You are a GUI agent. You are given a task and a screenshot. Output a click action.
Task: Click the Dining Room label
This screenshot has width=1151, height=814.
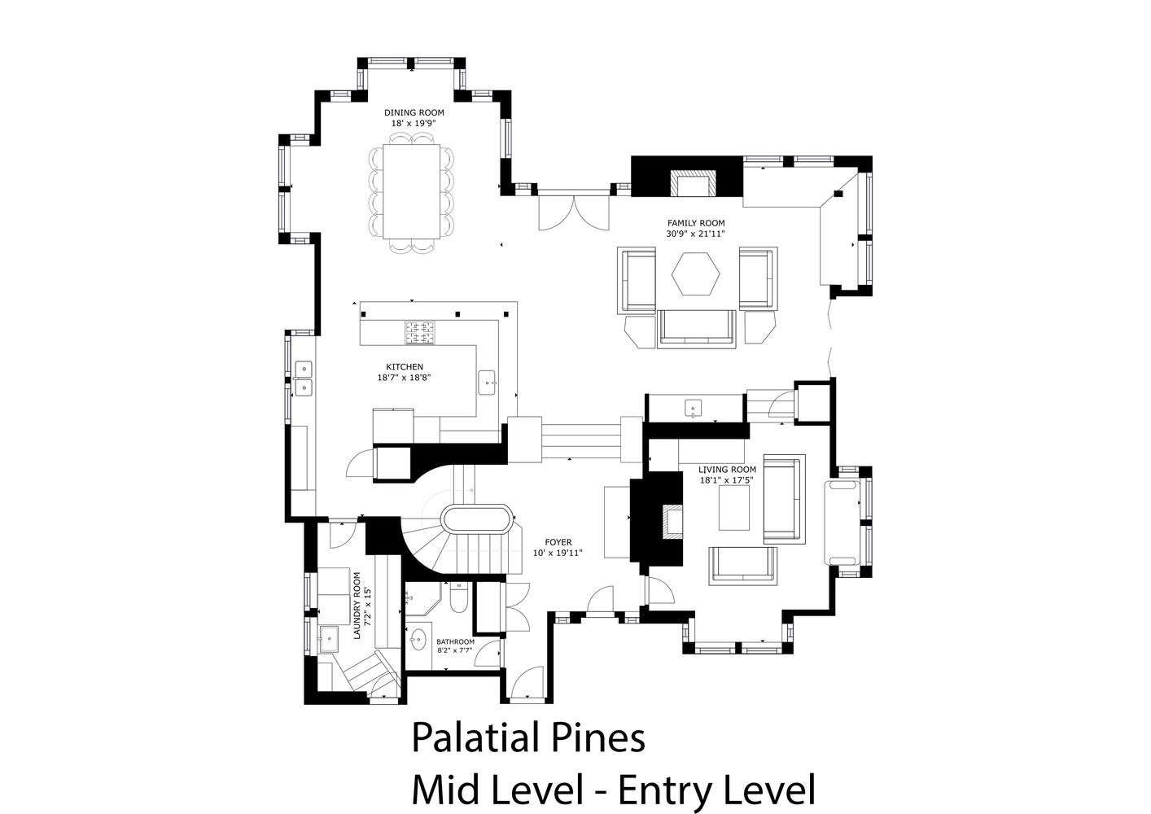pyautogui.click(x=414, y=112)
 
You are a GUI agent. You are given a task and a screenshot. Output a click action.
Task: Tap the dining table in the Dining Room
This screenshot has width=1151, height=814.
pyautogui.click(x=412, y=191)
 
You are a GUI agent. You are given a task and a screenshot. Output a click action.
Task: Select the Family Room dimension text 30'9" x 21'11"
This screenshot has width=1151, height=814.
pyautogui.click(x=696, y=234)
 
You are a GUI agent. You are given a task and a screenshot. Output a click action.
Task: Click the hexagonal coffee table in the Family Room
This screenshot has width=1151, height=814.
pyautogui.click(x=695, y=274)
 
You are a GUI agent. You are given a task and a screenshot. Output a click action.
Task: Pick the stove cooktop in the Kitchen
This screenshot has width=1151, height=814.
pyautogui.click(x=420, y=332)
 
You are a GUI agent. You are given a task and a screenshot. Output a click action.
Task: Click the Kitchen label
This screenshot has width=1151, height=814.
pyautogui.click(x=405, y=367)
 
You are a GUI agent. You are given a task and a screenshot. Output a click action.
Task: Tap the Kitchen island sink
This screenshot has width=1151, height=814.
pyautogui.click(x=487, y=383)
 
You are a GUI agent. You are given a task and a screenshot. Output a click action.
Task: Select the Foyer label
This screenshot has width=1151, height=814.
pyautogui.click(x=558, y=542)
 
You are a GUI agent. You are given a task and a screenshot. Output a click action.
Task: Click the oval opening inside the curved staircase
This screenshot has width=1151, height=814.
pyautogui.click(x=477, y=520)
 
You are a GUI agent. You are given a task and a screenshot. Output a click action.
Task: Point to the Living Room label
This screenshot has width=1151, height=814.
pyautogui.click(x=727, y=470)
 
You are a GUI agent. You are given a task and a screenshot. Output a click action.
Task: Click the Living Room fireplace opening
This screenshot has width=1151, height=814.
pyautogui.click(x=672, y=521)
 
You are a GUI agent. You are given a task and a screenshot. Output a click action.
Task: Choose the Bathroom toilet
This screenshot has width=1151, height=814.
pyautogui.click(x=458, y=598)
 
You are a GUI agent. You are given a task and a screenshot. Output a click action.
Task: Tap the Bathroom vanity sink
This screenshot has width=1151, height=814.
pyautogui.click(x=418, y=641)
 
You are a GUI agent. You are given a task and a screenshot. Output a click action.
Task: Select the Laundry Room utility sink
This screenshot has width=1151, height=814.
pyautogui.click(x=328, y=639)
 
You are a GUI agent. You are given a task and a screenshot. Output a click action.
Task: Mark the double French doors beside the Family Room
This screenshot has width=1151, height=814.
pyautogui.click(x=573, y=212)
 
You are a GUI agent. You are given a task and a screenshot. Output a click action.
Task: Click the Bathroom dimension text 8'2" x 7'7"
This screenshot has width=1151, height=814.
pyautogui.click(x=455, y=650)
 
